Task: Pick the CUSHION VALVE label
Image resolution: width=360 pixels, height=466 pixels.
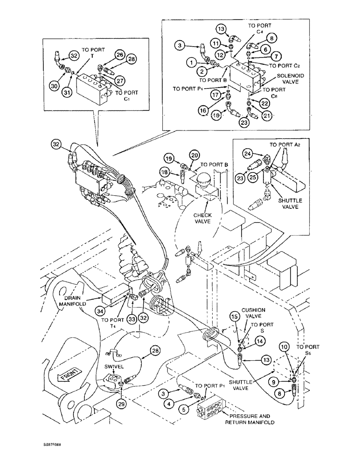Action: coord(253,313)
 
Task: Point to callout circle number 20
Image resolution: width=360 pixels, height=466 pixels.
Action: coord(194,155)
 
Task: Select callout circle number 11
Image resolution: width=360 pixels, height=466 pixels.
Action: coord(216,42)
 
